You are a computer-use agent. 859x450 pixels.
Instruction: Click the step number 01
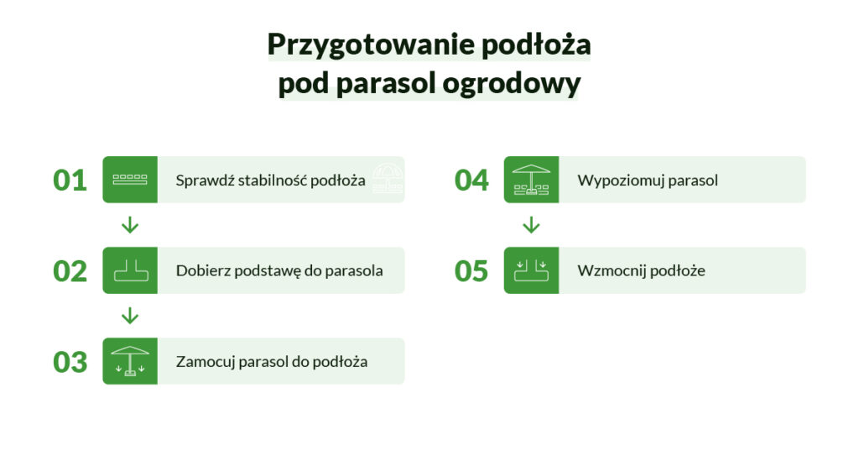(70, 181)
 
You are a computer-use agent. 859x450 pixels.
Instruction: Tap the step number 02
(70, 271)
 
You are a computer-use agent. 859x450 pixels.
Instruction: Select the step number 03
(70, 362)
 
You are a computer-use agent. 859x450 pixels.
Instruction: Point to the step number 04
(471, 181)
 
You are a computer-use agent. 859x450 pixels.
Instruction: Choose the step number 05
(471, 271)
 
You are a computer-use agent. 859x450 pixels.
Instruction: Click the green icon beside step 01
(130, 180)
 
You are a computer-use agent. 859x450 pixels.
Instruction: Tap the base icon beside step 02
(130, 270)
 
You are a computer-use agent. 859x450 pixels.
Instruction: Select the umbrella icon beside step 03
(130, 361)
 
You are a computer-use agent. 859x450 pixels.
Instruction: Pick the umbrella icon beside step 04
(531, 180)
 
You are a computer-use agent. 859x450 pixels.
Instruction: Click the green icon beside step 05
(531, 270)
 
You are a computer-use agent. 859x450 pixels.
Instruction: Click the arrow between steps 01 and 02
(130, 225)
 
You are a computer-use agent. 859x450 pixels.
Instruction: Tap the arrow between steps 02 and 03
(130, 316)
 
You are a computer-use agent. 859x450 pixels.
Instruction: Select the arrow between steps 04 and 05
(531, 225)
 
